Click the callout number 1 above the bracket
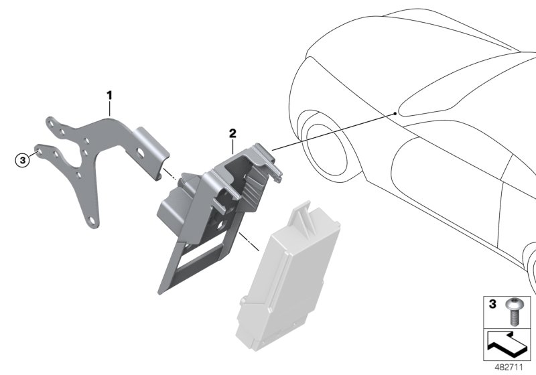109,95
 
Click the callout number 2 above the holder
232,133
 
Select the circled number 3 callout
23,160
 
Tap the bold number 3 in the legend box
492,303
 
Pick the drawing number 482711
509,367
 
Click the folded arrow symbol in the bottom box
507,345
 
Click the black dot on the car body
395,113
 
